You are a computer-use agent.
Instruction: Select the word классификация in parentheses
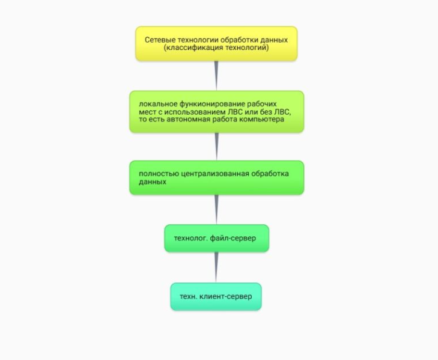coord(195,47)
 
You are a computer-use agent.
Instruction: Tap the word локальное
coord(158,104)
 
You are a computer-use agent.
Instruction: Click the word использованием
coord(195,112)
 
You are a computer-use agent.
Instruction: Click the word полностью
coord(159,174)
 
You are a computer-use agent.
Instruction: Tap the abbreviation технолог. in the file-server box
coord(191,238)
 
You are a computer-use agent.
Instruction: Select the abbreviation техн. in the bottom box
coord(189,296)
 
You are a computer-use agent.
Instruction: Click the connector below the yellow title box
coord(216,76)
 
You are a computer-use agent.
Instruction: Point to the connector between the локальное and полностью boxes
coord(216,146)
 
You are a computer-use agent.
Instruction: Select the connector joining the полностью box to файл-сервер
coord(216,209)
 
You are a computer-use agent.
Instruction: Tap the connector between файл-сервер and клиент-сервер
coord(216,267)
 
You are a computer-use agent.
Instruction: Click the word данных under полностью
coord(153,182)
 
